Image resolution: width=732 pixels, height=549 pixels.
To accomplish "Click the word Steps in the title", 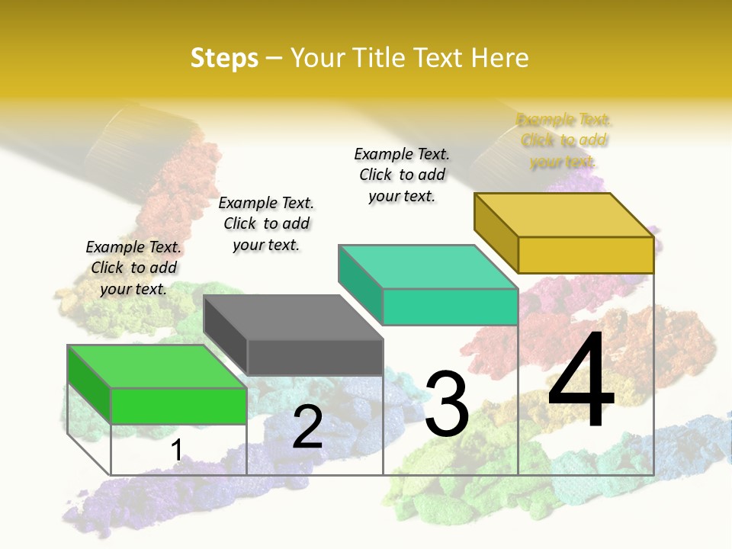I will pyautogui.click(x=224, y=58).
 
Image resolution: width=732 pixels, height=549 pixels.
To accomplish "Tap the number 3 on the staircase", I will pyautogui.click(x=447, y=404).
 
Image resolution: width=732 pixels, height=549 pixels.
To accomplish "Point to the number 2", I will pyautogui.click(x=307, y=427).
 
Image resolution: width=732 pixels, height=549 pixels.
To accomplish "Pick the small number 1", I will pyautogui.click(x=176, y=450).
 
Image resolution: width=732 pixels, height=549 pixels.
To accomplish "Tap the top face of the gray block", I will pyautogui.click(x=294, y=317).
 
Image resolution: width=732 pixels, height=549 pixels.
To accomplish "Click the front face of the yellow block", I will pyautogui.click(x=586, y=255).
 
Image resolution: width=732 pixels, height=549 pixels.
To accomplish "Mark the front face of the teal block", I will pyautogui.click(x=450, y=307).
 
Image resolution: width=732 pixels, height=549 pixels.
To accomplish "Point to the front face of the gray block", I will pyautogui.click(x=315, y=357).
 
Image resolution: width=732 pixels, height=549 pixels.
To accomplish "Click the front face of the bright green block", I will pyautogui.click(x=178, y=406).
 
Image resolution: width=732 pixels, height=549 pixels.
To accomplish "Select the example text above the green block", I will pyautogui.click(x=133, y=268).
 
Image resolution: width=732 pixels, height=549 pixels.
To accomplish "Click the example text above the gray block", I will pyautogui.click(x=266, y=223).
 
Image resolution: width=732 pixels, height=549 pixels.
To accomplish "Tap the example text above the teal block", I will pyautogui.click(x=402, y=175).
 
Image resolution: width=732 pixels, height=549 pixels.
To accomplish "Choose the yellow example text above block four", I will pyautogui.click(x=563, y=140).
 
